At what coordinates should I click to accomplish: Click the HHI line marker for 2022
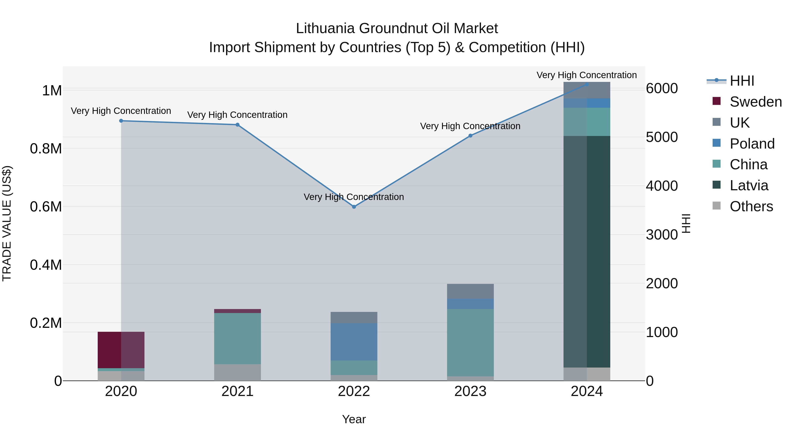click(354, 207)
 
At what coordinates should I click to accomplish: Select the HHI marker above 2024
click(586, 85)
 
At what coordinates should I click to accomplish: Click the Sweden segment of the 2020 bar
click(121, 350)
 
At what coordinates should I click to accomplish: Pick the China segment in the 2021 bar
click(237, 338)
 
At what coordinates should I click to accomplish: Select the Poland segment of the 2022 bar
click(354, 341)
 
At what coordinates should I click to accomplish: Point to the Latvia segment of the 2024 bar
click(586, 251)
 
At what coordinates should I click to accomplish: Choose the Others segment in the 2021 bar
click(237, 372)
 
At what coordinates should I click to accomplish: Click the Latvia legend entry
click(749, 185)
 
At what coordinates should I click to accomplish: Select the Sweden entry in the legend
click(755, 102)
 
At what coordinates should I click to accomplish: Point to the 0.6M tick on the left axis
click(46, 207)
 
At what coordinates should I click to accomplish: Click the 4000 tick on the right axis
click(662, 186)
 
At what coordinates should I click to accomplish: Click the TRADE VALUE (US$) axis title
click(7, 223)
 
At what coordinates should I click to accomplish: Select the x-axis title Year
click(354, 419)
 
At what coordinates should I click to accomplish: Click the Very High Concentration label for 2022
click(354, 197)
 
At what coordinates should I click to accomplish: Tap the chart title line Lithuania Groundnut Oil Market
click(397, 28)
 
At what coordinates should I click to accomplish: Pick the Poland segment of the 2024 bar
click(586, 103)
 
